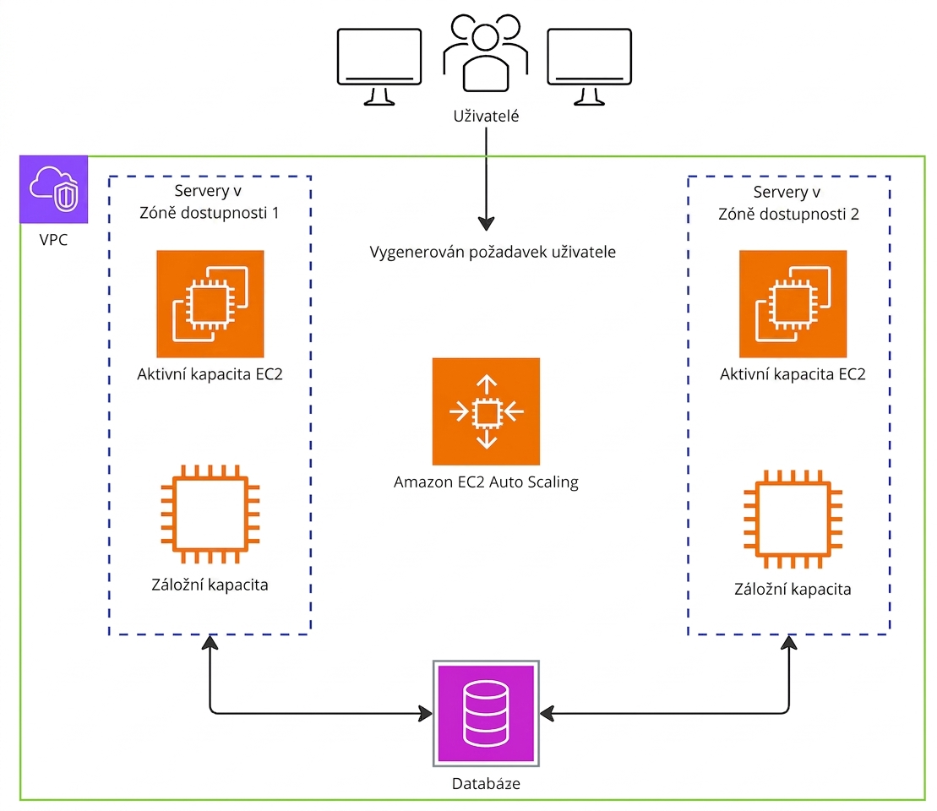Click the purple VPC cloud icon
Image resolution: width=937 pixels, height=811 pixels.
click(x=54, y=189)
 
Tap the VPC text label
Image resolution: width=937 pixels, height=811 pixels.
click(x=54, y=240)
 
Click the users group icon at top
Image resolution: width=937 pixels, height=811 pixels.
click(x=486, y=52)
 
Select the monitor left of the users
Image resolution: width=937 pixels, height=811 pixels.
click(x=379, y=67)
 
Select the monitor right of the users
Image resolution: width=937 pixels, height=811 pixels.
click(x=589, y=67)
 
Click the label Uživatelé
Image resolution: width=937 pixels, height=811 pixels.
click(x=486, y=116)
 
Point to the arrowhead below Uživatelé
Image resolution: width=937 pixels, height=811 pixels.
click(x=487, y=224)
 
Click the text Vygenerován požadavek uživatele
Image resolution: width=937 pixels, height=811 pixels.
click(x=493, y=252)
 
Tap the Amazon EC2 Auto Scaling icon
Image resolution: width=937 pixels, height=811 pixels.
click(x=487, y=411)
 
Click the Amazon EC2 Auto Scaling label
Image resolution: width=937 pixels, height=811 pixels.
click(x=486, y=482)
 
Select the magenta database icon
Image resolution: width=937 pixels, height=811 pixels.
click(x=486, y=714)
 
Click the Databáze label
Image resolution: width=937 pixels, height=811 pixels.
click(x=486, y=783)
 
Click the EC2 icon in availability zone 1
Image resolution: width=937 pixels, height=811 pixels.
click(x=210, y=303)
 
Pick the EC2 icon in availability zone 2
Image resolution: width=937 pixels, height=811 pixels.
click(x=793, y=303)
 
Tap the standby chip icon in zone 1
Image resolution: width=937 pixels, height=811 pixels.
click(x=210, y=514)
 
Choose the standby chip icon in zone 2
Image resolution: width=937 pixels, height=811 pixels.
click(x=793, y=519)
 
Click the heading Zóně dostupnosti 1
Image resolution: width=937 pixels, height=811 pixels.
click(x=210, y=213)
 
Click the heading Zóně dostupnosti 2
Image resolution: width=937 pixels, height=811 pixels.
click(x=789, y=214)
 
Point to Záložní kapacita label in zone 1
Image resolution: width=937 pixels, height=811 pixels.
click(x=210, y=585)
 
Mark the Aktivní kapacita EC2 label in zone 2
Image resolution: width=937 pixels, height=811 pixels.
click(x=793, y=374)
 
